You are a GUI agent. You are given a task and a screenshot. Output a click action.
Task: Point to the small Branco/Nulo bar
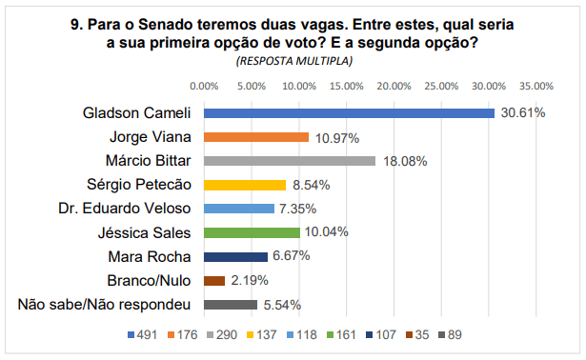coord(214,281)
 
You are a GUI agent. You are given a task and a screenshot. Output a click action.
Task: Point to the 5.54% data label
coord(282,305)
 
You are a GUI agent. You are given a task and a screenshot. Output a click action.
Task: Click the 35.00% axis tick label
coord(536,86)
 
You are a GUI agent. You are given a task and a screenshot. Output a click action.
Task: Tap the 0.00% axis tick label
coord(204,86)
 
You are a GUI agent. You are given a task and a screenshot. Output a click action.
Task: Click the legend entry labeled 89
coord(451,335)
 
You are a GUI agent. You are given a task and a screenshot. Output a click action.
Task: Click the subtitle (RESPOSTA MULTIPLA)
coord(293,61)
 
